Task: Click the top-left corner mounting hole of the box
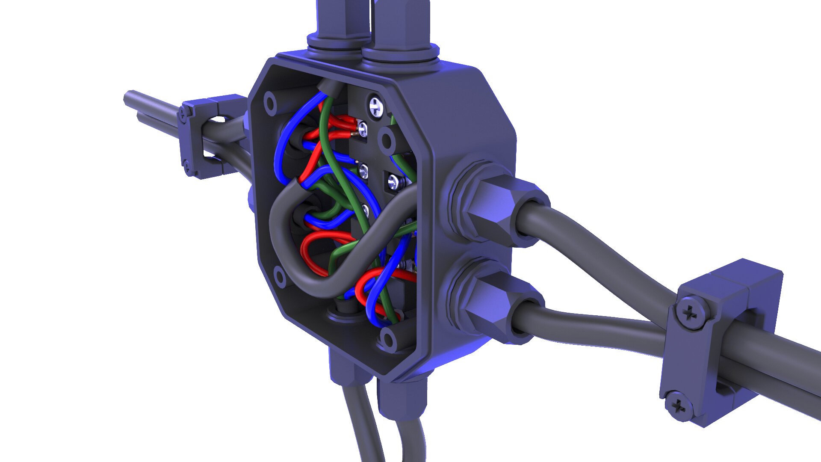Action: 270,103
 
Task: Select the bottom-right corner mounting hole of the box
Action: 387,338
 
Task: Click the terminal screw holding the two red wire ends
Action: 362,127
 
